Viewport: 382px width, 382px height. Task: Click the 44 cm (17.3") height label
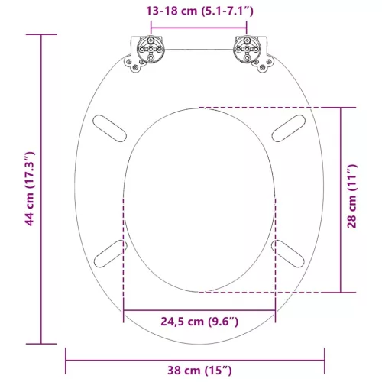(30, 189)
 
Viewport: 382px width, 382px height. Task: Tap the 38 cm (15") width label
(199, 371)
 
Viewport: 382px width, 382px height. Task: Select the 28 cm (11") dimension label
(352, 196)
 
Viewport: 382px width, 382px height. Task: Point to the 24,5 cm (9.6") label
(199, 322)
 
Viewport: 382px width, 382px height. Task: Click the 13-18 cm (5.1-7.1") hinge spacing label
(199, 11)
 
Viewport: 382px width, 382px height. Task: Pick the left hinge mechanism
(144, 53)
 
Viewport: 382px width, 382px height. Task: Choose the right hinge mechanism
(254, 53)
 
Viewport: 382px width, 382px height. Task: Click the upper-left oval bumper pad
(109, 128)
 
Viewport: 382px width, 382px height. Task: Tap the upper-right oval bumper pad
(289, 128)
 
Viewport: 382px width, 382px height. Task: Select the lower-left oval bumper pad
(111, 254)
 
